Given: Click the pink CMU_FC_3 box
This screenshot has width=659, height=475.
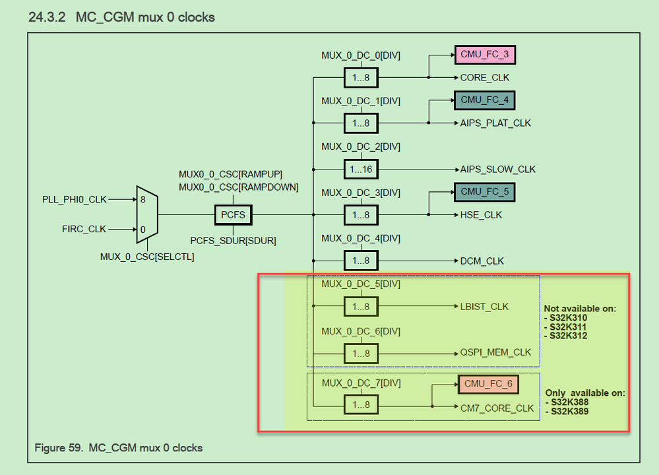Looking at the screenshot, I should pos(485,55).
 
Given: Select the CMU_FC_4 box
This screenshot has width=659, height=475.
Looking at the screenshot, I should pos(485,100).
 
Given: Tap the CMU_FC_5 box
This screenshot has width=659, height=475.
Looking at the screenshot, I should pos(485,193).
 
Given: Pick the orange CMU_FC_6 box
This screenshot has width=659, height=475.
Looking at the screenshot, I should pos(487,384).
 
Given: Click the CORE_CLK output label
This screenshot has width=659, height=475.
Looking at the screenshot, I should pos(485,77).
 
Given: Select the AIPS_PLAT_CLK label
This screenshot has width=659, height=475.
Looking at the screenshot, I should pos(495,123).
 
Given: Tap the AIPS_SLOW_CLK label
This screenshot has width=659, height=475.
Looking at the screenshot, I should pos(498,170).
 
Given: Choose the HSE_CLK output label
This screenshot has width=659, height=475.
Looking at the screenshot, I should pos(481,215).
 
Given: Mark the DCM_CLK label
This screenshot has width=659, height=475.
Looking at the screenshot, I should pos(482,261).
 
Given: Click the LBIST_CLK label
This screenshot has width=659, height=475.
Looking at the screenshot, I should pos(485,307).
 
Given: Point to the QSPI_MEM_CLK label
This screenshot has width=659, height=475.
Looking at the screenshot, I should pos(495,352).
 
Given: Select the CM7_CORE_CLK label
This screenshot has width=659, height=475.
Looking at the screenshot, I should pos(497,408).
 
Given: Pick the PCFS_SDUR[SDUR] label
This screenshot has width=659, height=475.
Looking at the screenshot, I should pos(233,241).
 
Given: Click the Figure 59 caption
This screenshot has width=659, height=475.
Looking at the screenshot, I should pos(119,448).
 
